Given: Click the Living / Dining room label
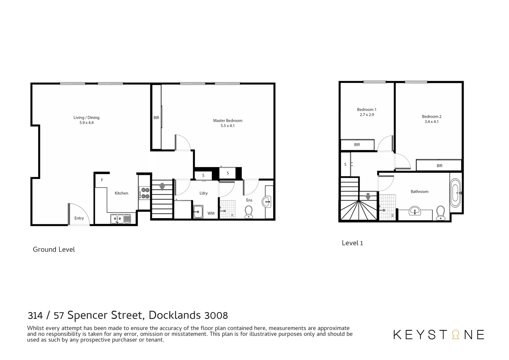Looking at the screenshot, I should pos(86,117).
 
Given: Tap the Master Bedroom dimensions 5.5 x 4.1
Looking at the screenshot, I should pos(228,126).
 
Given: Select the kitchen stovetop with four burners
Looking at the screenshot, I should pos(145,193).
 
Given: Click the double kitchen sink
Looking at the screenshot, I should pos(121,219).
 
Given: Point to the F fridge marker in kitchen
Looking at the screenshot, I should pos(102,180).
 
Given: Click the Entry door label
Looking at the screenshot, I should pos(79,218).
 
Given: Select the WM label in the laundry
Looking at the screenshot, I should pos(211,213).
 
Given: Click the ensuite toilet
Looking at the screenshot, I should pos(249,212).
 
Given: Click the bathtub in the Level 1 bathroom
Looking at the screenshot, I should pos(455,193).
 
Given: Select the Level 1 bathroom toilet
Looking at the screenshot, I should pos(440,213).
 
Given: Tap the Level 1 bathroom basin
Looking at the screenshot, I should pos(415,211).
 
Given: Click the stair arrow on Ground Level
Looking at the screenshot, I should pos(162,187).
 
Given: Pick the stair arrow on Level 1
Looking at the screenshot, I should pos(368,197).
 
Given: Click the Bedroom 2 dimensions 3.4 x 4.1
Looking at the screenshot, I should pos(431,122).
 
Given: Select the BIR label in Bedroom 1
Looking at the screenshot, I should pos(357,145).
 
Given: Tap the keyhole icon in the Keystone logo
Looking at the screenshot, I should pos(455,335).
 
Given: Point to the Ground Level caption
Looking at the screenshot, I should pos(54,250).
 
